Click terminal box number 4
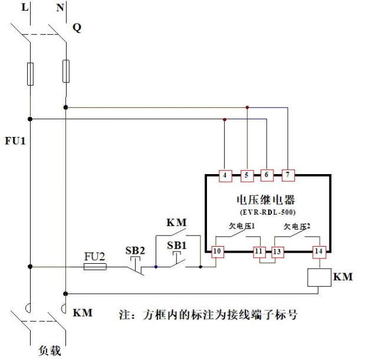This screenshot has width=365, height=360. point(225,175)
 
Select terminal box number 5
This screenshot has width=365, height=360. point(246,175)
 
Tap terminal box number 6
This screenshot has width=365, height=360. point(267,175)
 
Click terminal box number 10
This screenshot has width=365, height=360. point(218,251)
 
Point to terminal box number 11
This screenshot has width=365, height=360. point(259,251)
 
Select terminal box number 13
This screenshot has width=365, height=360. point(277,251)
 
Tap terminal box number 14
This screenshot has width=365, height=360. point(319,251)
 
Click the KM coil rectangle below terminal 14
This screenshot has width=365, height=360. point(320,277)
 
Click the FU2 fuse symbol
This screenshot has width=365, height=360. point(95,267)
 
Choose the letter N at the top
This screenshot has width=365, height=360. point(60,7)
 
